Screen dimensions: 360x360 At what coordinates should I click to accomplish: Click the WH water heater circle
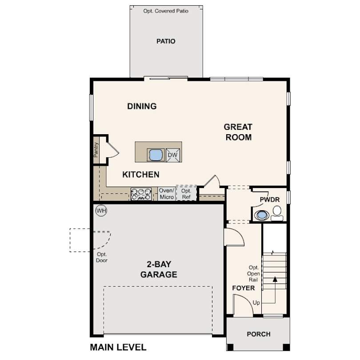pos(101,211)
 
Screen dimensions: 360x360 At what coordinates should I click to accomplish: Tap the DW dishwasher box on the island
pos(173,155)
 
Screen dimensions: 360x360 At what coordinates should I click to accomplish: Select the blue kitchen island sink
pos(156,155)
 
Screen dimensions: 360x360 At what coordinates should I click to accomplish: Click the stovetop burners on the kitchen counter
pos(141,194)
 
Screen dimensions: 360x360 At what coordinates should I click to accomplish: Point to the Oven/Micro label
pos(167,194)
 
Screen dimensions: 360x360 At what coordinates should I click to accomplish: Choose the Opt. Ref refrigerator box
pos(186,194)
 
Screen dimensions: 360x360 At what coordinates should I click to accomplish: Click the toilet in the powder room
pos(277,213)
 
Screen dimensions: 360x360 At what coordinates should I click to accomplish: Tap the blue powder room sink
pos(262,215)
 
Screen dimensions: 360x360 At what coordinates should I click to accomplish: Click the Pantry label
pos(96,150)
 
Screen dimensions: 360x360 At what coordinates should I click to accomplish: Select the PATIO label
pos(166,41)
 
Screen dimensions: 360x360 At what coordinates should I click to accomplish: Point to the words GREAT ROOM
pos(238,132)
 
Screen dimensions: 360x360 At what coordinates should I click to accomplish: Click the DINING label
pos(142,106)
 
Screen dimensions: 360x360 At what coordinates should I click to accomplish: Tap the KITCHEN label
pos(141,175)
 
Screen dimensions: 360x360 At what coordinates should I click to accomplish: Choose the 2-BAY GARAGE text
pos(159,269)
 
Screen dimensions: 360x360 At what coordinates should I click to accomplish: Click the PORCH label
pos(259,334)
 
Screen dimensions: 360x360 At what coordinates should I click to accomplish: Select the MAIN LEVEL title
pos(118,347)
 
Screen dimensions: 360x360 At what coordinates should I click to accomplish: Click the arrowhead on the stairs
pos(275,279)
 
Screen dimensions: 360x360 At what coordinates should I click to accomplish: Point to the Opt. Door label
pos(102,257)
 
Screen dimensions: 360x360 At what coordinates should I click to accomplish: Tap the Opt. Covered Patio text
pos(166,11)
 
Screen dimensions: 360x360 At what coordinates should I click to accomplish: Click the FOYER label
pos(244,288)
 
